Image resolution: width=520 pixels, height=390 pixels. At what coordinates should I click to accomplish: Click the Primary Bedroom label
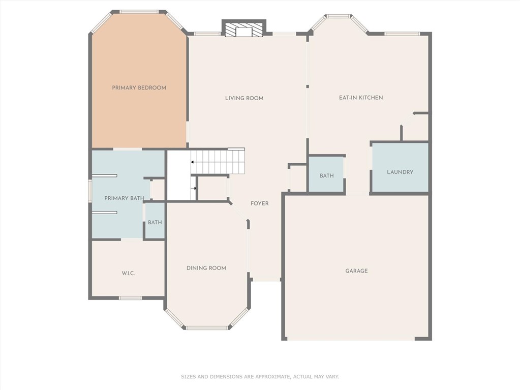pos(139,88)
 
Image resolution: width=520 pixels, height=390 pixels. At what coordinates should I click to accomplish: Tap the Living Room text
pos(244,98)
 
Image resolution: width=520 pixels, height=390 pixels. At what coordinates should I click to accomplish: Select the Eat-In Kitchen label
pos(361,98)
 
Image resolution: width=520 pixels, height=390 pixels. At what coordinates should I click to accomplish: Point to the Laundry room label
pos(400,172)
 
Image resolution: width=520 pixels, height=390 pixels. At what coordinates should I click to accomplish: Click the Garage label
pos(356,271)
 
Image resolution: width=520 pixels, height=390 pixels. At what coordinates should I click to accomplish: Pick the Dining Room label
pos(206,268)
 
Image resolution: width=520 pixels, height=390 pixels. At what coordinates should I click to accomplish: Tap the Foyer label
pos(259,203)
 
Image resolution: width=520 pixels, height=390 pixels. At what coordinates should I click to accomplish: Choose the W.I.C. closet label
pos(128,273)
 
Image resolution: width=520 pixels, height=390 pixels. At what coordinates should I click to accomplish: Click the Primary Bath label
pos(124,198)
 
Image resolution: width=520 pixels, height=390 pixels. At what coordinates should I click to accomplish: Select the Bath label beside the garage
pos(327,176)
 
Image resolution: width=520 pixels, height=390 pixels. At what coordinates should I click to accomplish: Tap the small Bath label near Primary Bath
pos(155,223)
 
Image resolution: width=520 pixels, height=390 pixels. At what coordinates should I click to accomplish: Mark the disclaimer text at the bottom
pos(260,377)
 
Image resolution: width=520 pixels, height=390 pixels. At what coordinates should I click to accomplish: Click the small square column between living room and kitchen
pos(308,86)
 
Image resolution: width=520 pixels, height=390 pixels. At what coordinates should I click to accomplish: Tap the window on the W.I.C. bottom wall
pos(130,298)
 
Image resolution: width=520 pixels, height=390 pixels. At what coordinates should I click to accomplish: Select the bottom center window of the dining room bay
pos(206,328)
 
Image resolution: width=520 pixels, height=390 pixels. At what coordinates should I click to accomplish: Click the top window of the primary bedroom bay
pos(139,12)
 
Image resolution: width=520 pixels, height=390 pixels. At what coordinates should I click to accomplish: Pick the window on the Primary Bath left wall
pos(89,191)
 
